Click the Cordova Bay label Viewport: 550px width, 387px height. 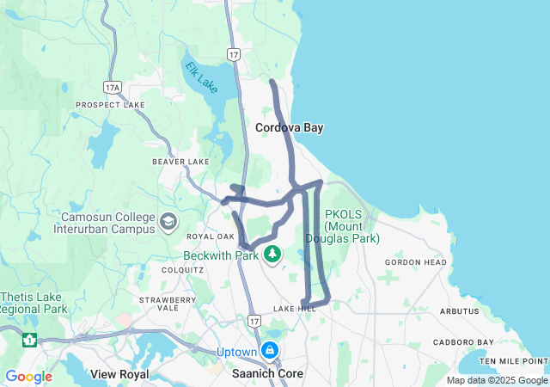click(x=289, y=127)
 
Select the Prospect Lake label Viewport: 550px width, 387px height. click(x=110, y=105)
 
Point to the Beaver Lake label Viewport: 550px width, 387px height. click(x=180, y=162)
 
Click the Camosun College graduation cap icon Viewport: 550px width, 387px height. click(x=168, y=222)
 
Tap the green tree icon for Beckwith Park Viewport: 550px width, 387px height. click(x=272, y=254)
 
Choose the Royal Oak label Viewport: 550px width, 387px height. click(x=211, y=236)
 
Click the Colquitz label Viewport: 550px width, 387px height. click(x=182, y=269)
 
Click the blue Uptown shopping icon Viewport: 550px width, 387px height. click(x=270, y=351)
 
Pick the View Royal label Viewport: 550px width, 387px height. click(x=119, y=374)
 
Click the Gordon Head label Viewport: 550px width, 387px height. click(x=416, y=262)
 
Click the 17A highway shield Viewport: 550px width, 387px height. click(x=112, y=88)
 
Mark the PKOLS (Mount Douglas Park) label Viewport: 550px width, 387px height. click(x=351, y=227)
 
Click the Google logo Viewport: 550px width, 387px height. click(x=28, y=377)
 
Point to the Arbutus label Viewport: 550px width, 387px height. click(x=458, y=310)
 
